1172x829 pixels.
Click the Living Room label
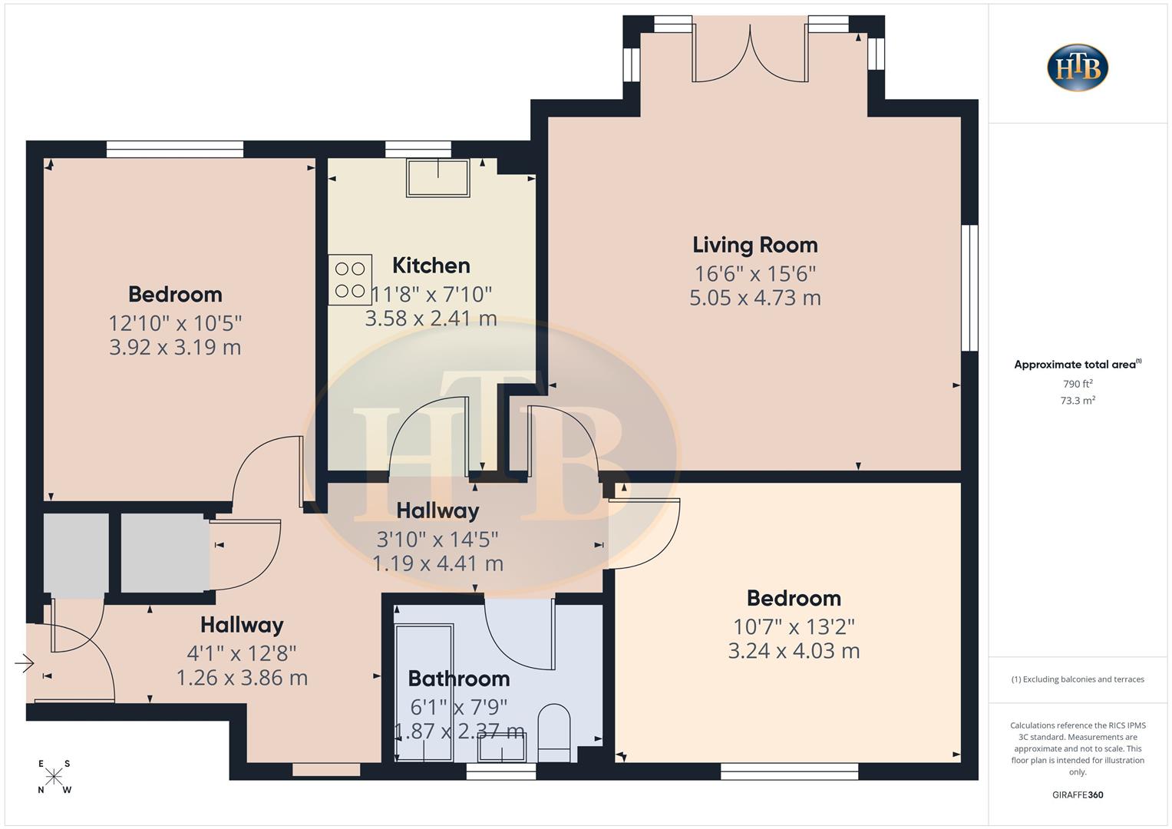(754, 245)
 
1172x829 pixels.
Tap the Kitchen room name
(431, 266)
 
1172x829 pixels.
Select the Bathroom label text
(458, 679)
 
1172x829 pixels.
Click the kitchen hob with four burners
(350, 280)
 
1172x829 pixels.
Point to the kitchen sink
(437, 178)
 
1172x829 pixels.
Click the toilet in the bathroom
(554, 732)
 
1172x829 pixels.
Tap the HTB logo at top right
(1078, 68)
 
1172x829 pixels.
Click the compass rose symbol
(54, 777)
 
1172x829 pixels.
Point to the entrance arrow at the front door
(25, 662)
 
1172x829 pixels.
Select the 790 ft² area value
(1078, 384)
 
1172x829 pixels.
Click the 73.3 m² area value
(1078, 401)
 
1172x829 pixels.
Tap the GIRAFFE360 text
(1078, 795)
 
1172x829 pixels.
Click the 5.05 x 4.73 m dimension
(754, 298)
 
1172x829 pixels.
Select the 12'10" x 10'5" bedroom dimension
(175, 323)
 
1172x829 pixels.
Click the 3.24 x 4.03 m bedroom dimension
(794, 651)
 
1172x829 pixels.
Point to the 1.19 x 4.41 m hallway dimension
(437, 564)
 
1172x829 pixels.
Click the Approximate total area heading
(1076, 365)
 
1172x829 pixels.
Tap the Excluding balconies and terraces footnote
(1078, 679)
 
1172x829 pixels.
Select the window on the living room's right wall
(970, 288)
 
